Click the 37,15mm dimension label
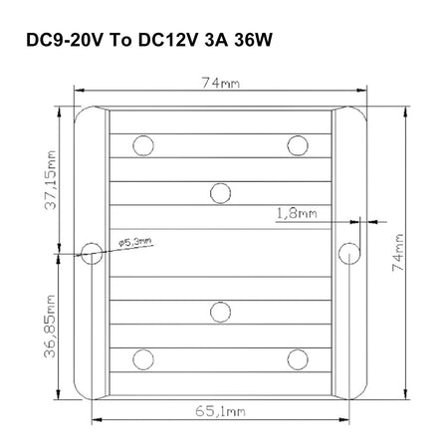[51, 180]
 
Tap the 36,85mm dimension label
[50, 327]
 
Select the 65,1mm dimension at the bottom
[220, 411]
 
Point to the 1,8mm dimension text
[297, 213]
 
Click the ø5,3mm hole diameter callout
[135, 242]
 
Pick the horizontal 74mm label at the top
[221, 83]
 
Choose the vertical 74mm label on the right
[398, 253]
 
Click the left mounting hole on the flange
[92, 254]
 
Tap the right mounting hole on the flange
[349, 254]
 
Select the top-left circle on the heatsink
[143, 145]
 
